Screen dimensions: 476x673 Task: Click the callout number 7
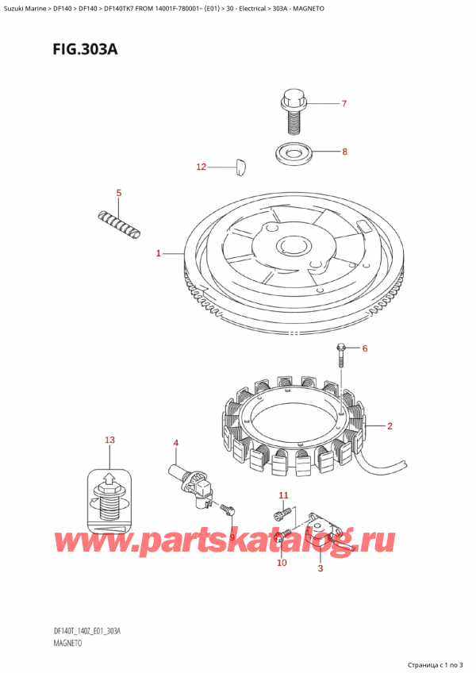(x=344, y=103)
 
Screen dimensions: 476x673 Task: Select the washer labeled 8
(x=294, y=153)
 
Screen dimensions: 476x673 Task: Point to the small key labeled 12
(x=240, y=167)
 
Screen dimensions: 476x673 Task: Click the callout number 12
(x=202, y=167)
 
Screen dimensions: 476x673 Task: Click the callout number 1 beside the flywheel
(x=159, y=254)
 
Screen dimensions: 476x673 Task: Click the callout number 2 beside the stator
(x=390, y=425)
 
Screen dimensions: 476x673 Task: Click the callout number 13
(x=110, y=440)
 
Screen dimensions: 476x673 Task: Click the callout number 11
(x=284, y=495)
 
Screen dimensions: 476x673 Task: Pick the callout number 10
(x=282, y=562)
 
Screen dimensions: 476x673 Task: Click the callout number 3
(x=321, y=568)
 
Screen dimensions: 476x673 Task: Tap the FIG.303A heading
(x=85, y=49)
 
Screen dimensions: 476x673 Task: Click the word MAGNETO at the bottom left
(x=67, y=643)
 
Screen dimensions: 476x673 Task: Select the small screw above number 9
(x=228, y=509)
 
